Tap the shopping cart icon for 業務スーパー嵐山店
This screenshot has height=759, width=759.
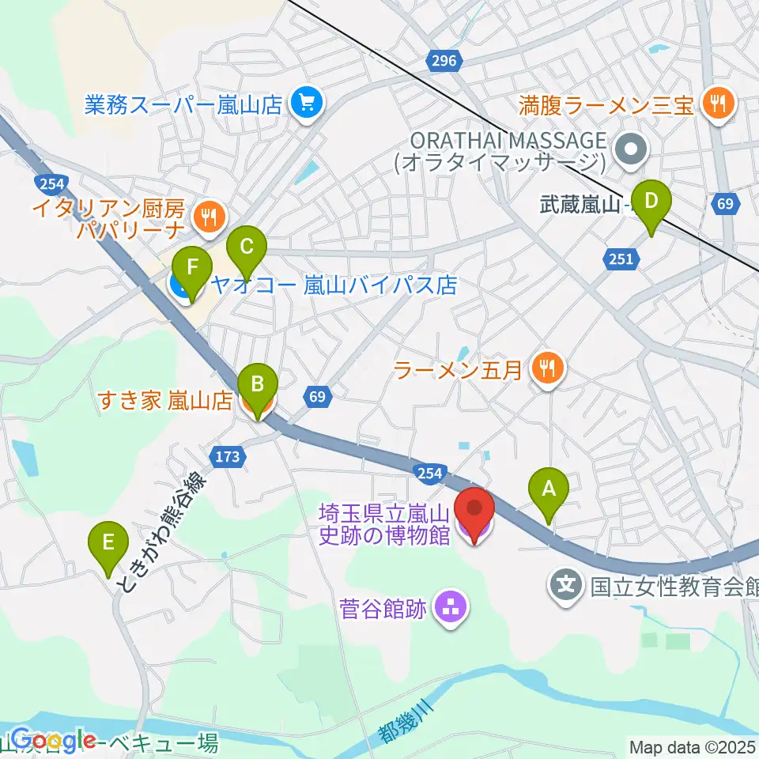304,103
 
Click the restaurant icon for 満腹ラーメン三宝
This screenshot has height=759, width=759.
719,102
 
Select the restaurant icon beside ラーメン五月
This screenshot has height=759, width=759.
546,366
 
